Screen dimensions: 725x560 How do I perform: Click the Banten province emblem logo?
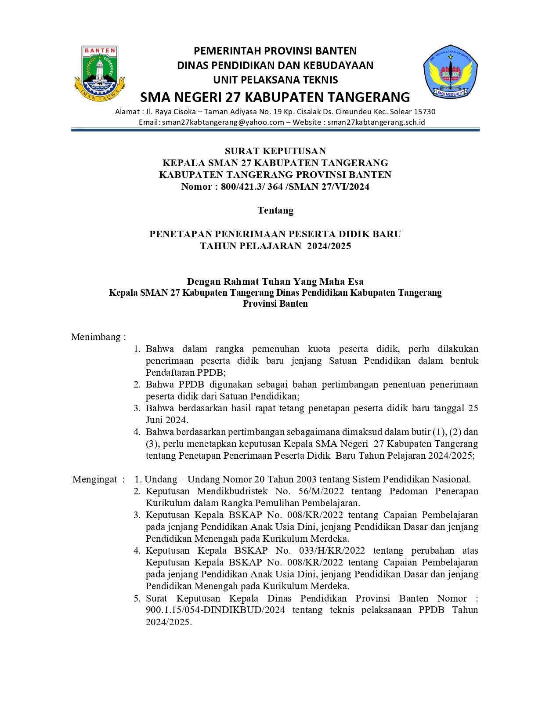point(100,73)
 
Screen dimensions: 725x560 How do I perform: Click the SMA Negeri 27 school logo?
point(450,71)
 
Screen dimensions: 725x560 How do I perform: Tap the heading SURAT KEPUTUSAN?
point(275,151)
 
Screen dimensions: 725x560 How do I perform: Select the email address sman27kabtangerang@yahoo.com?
point(223,122)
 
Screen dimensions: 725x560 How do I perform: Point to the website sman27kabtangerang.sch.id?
point(376,122)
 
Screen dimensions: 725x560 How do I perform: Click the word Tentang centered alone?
point(275,210)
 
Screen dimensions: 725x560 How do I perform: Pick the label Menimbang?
point(96,337)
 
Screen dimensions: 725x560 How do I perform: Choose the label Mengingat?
point(95,479)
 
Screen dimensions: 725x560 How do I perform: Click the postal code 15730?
point(424,112)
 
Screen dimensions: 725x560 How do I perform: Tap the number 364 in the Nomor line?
point(275,187)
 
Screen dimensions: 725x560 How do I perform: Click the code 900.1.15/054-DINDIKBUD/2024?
point(215,610)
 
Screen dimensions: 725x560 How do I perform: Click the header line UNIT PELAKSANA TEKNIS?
point(275,80)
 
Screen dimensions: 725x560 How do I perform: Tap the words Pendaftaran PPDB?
point(185,373)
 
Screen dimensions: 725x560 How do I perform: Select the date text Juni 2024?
point(167,420)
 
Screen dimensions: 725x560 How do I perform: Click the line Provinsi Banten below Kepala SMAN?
point(275,304)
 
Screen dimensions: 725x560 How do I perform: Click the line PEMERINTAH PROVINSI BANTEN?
point(275,51)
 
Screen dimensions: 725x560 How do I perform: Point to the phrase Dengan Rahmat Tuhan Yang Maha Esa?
point(275,282)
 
